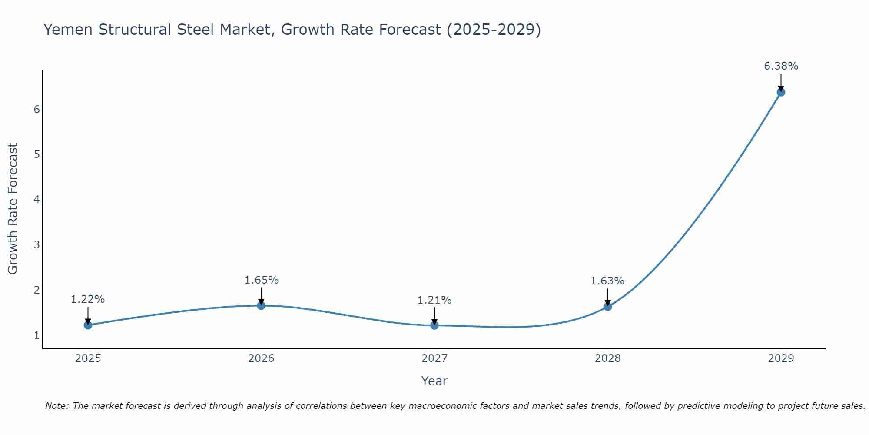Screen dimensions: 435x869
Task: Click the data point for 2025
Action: coord(88,325)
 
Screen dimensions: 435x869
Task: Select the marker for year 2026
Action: coord(261,305)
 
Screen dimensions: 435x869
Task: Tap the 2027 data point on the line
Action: coord(434,325)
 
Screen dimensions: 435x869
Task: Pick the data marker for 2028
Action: coord(607,307)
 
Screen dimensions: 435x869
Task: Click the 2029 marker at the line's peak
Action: coord(781,92)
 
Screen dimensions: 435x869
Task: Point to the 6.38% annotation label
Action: coord(781,66)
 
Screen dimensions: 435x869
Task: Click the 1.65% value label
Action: coord(261,280)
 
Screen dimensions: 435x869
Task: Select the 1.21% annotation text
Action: coord(434,300)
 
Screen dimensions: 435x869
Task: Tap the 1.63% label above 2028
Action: coord(607,281)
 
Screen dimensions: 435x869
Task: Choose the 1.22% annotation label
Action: coord(88,299)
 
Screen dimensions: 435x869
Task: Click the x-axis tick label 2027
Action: coord(434,358)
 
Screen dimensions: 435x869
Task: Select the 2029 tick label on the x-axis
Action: coord(781,358)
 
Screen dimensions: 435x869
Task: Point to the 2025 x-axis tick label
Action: coord(88,358)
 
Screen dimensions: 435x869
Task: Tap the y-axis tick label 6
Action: coord(36,109)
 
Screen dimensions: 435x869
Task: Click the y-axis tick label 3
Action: coord(36,245)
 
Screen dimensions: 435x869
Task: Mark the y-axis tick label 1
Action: coord(36,335)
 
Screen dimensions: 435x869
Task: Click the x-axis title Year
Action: coord(434,381)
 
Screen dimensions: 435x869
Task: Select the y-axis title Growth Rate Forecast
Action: coord(13,209)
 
